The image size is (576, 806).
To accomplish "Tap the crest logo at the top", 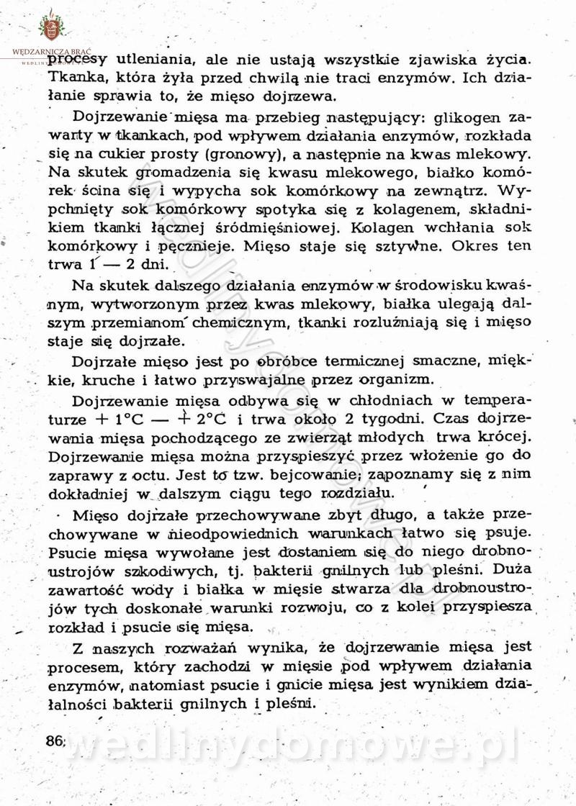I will [51, 27].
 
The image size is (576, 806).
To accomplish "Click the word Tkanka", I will [75, 77].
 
